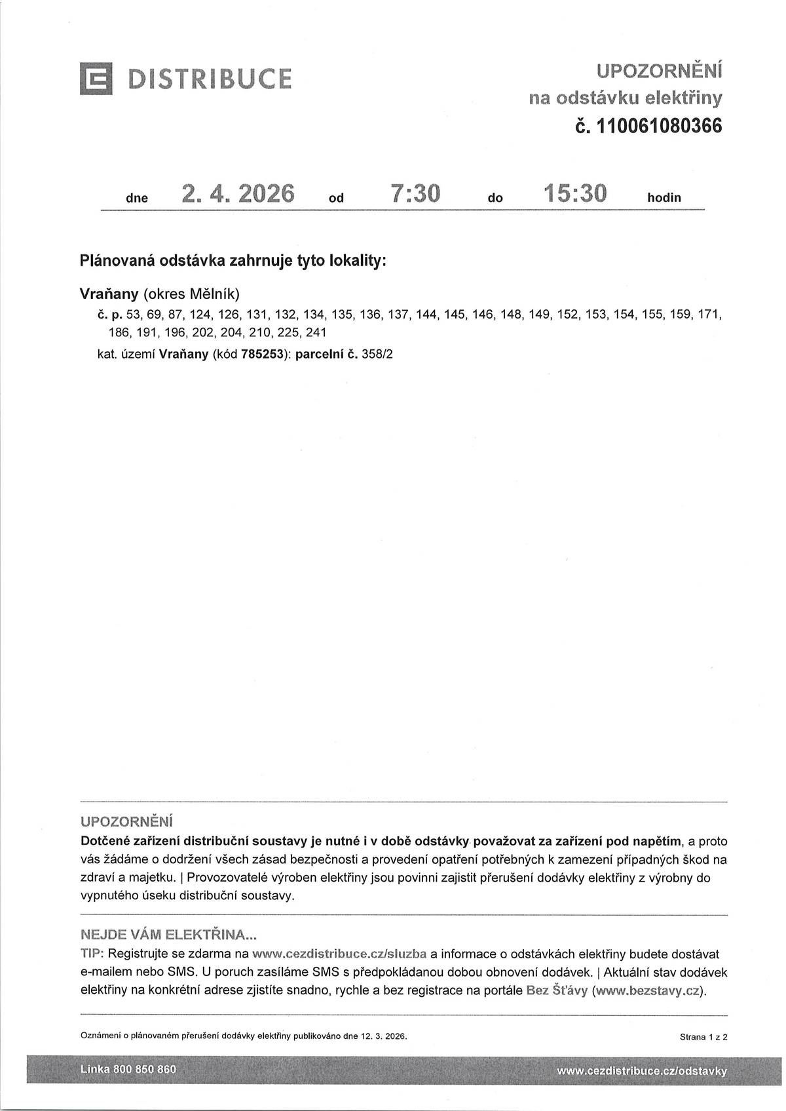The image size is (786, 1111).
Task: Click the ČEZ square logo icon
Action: pyautogui.click(x=96, y=79)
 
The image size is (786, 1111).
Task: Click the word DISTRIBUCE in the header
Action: pyautogui.click(x=210, y=79)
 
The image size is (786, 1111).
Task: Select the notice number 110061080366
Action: pyautogui.click(x=658, y=125)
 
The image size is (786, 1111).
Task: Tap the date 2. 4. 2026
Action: pyautogui.click(x=238, y=194)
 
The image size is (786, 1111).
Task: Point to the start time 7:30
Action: pyautogui.click(x=415, y=194)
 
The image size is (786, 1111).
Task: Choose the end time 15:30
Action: pyautogui.click(x=575, y=194)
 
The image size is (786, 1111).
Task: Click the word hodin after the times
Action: pyautogui.click(x=664, y=197)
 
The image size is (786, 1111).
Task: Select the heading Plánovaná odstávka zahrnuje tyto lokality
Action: pyautogui.click(x=233, y=261)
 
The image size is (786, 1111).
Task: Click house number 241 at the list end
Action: pyautogui.click(x=316, y=332)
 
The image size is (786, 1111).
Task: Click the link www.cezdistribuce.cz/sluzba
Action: pyautogui.click(x=339, y=954)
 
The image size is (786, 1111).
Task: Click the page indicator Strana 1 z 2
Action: pyautogui.click(x=703, y=1037)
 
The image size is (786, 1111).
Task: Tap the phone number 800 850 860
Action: pyautogui.click(x=145, y=1070)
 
